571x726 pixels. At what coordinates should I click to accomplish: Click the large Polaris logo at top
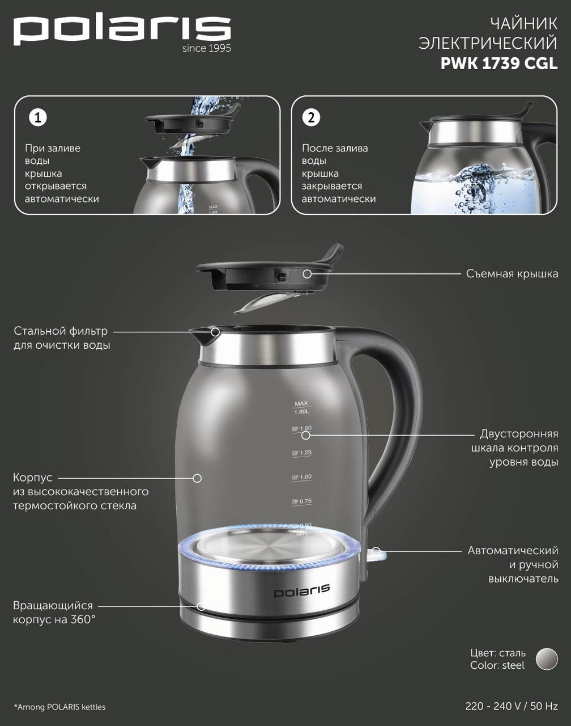(x=122, y=31)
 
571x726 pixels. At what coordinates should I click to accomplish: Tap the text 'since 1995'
(x=207, y=48)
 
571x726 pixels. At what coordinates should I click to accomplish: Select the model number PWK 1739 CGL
(x=499, y=64)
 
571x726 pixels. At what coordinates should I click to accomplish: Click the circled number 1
(x=38, y=117)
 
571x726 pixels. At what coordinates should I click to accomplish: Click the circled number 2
(x=311, y=117)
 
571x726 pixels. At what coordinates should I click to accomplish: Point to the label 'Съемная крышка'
(x=512, y=273)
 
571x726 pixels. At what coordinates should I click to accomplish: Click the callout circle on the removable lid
(x=307, y=273)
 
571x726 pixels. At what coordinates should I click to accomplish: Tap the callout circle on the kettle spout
(x=215, y=332)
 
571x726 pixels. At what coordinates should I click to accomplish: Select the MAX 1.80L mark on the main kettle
(x=301, y=408)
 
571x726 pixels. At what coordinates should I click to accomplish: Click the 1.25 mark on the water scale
(x=302, y=453)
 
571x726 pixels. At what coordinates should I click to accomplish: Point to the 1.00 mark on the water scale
(x=302, y=478)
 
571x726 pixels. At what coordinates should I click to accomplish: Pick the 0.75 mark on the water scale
(x=302, y=501)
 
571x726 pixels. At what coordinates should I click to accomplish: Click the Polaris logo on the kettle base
(x=302, y=591)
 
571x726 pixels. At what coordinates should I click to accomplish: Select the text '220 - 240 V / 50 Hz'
(x=512, y=706)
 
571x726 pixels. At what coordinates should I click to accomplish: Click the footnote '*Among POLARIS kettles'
(x=59, y=707)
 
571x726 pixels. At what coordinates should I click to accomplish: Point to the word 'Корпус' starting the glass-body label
(x=33, y=478)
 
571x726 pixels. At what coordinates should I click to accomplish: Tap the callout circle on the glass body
(x=197, y=478)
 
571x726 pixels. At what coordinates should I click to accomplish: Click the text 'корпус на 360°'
(x=54, y=620)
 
